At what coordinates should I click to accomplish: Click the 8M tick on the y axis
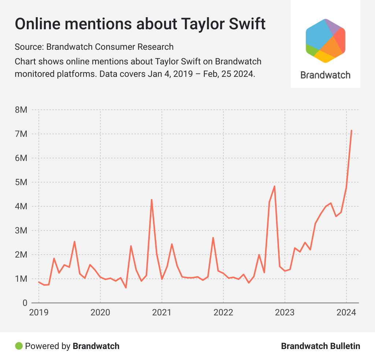[x=21, y=110]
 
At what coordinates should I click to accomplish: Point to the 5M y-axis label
[x=21, y=182]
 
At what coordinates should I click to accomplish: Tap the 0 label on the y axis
[x=25, y=303]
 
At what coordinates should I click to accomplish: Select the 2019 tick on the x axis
[x=39, y=313]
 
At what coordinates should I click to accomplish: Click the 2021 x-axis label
[x=161, y=313]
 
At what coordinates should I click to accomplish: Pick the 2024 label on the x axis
[x=346, y=313]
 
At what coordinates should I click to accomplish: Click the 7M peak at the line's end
[x=352, y=131]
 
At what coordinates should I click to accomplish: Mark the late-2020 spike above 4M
[x=152, y=200]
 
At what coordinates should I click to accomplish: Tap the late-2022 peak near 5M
[x=274, y=186]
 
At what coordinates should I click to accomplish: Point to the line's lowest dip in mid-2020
[x=126, y=288]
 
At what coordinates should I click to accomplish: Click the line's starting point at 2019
[x=39, y=282]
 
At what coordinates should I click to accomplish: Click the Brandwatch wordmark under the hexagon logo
[x=325, y=75]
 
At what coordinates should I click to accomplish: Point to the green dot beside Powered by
[x=18, y=346]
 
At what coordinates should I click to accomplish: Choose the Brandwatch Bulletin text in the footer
[x=320, y=346]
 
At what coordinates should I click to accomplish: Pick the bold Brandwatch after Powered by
[x=96, y=346]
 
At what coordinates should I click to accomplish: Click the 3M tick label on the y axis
[x=21, y=230]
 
